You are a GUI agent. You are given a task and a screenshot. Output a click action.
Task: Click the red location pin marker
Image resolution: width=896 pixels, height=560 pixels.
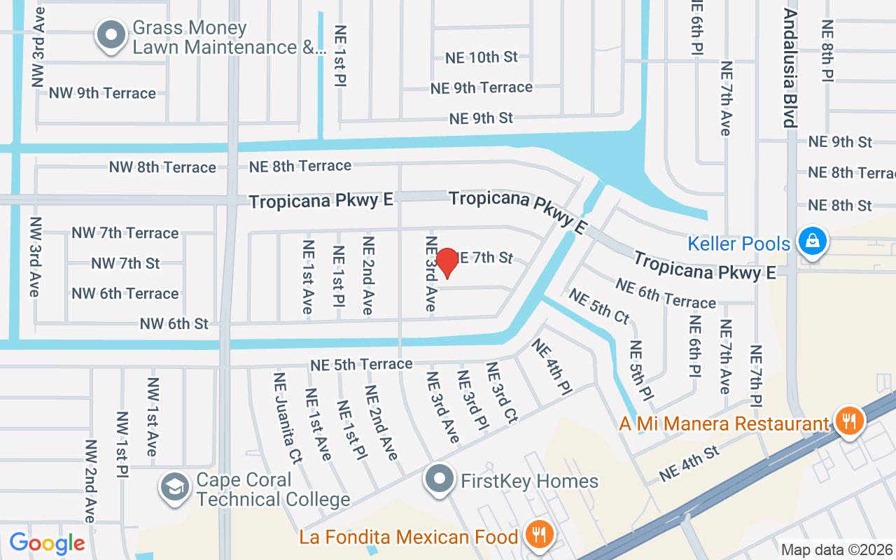[x=447, y=263]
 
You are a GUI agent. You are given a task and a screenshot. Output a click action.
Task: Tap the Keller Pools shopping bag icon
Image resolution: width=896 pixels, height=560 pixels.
[x=812, y=241]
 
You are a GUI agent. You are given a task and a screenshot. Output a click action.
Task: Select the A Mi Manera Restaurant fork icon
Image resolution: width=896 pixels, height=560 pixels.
[x=849, y=421]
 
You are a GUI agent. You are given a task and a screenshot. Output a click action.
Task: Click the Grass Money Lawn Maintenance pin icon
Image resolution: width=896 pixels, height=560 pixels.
[x=111, y=36]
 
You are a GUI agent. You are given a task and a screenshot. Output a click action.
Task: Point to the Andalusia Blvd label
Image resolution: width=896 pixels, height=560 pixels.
[x=790, y=68]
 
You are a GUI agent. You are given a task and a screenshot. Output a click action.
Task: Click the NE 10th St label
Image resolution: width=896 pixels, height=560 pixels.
[x=482, y=57]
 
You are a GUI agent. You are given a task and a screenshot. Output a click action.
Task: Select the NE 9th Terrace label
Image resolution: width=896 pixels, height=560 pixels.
[x=482, y=87]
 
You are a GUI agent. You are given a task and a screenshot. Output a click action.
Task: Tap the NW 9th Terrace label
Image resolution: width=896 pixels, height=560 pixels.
[x=102, y=93]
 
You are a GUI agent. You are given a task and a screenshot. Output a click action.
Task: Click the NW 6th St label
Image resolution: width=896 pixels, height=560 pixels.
[x=174, y=323]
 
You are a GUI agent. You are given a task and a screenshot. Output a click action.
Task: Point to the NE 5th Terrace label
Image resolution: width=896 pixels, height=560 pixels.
[x=361, y=364]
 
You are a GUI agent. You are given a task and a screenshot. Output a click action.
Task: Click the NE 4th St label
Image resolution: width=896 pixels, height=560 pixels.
[x=689, y=463]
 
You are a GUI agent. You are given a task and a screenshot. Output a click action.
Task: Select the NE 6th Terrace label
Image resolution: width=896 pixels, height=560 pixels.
[x=666, y=293]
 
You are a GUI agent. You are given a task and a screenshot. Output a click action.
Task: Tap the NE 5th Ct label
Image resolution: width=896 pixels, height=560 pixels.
[x=598, y=307]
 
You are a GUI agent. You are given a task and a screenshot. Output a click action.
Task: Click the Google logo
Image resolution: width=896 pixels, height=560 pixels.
[x=47, y=543]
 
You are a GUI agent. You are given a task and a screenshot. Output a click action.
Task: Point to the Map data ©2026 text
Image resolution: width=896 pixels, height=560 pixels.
[x=836, y=550]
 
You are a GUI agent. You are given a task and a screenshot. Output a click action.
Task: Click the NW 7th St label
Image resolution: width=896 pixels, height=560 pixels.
[x=125, y=263]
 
